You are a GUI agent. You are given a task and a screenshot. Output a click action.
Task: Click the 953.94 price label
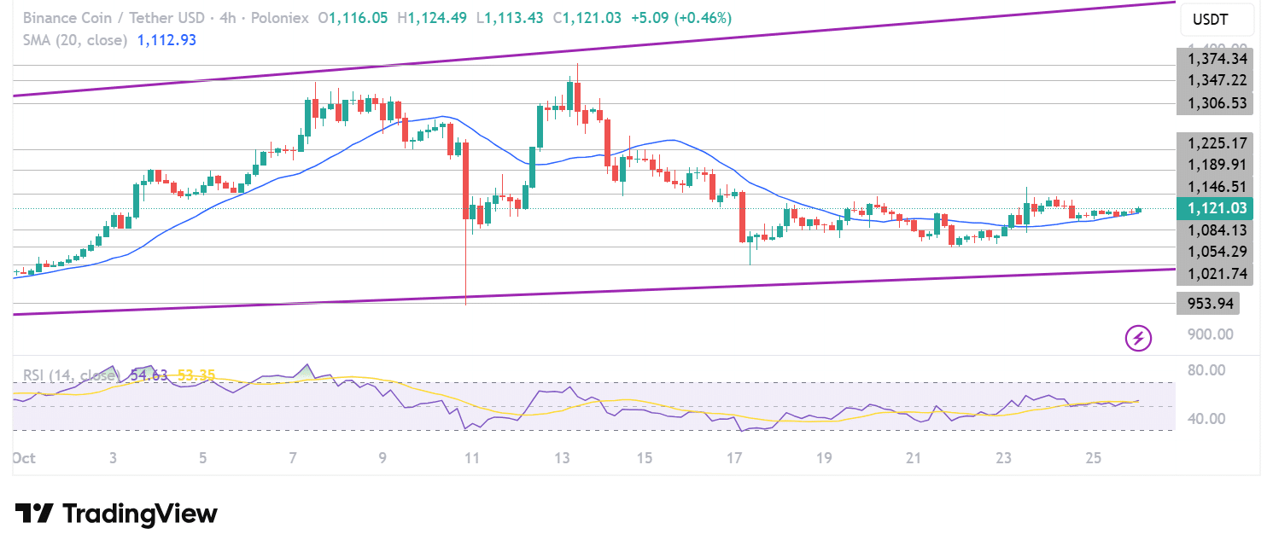click(1206, 303)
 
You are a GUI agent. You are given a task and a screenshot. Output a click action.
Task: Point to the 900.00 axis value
click(1208, 334)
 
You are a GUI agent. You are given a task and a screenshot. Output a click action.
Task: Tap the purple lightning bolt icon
click(1138, 338)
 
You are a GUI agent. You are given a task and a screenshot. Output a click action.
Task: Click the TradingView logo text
click(117, 514)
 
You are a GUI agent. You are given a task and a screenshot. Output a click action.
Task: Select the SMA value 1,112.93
click(166, 40)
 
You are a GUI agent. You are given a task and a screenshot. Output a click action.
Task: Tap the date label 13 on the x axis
click(561, 458)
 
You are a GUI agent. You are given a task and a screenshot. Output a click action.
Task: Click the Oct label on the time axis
click(23, 458)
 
